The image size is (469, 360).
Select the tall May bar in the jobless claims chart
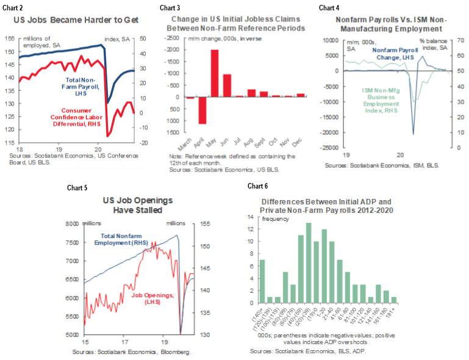215,73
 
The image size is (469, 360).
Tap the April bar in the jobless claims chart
202,110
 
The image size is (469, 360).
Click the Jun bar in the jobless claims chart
227,85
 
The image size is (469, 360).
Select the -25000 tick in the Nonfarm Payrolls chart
331,147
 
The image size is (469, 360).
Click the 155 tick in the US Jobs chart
11,38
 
